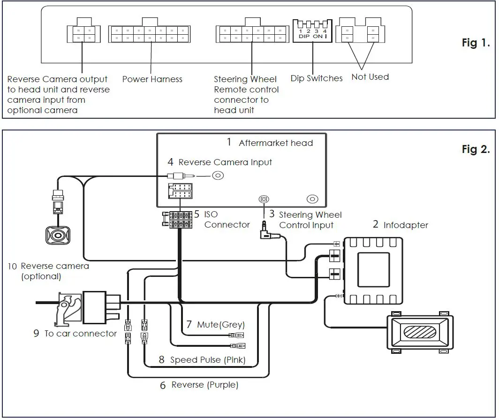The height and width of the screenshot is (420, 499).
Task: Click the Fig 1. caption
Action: click(476, 43)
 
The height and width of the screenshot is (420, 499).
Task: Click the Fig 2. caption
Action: click(476, 150)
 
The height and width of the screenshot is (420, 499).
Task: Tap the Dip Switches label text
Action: click(317, 78)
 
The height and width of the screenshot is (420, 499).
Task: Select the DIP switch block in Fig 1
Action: click(312, 31)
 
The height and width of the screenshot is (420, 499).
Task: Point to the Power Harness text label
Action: click(152, 79)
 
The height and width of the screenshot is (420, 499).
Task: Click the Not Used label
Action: click(370, 77)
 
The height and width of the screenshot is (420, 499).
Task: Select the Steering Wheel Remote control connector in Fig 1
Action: click(252, 33)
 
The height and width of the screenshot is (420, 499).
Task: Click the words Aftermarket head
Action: click(275, 143)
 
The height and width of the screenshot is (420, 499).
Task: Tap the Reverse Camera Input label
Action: click(225, 162)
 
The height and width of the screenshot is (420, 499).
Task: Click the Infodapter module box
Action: click(373, 271)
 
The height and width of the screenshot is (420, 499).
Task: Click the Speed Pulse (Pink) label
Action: click(208, 360)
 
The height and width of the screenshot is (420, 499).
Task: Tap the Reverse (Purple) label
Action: click(205, 385)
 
